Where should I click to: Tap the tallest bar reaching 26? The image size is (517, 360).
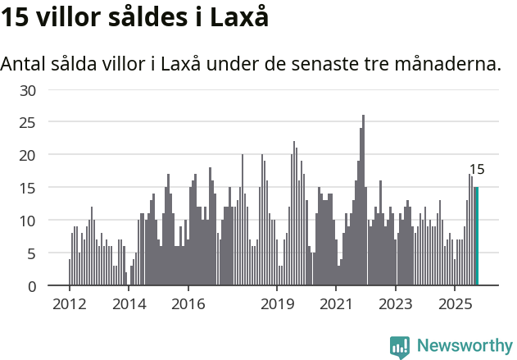pos(364,201)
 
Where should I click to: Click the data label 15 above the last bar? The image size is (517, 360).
pos(477,170)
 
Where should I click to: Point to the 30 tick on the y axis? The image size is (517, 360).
pos(29,89)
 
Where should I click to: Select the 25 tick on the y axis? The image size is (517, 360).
pos(29,122)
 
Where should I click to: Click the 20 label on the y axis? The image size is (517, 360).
pos(29,155)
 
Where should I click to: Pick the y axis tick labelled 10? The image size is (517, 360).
pos(29,221)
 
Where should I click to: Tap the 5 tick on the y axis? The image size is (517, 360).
pos(33,253)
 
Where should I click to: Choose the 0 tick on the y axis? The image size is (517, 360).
pos(33,286)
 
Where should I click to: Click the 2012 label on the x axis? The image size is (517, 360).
pos(69,304)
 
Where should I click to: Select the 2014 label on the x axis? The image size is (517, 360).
pos(129,304)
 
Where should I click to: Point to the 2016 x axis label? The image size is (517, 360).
pos(188,304)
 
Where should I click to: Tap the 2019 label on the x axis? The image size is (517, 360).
pos(277,304)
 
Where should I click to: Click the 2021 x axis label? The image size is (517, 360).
pos(337,304)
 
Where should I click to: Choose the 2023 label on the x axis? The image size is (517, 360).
pos(397,304)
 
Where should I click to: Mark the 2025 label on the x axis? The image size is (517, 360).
pos(456,304)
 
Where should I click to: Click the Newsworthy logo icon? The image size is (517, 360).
pos(400,347)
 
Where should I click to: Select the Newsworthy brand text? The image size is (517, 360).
pos(465,347)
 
